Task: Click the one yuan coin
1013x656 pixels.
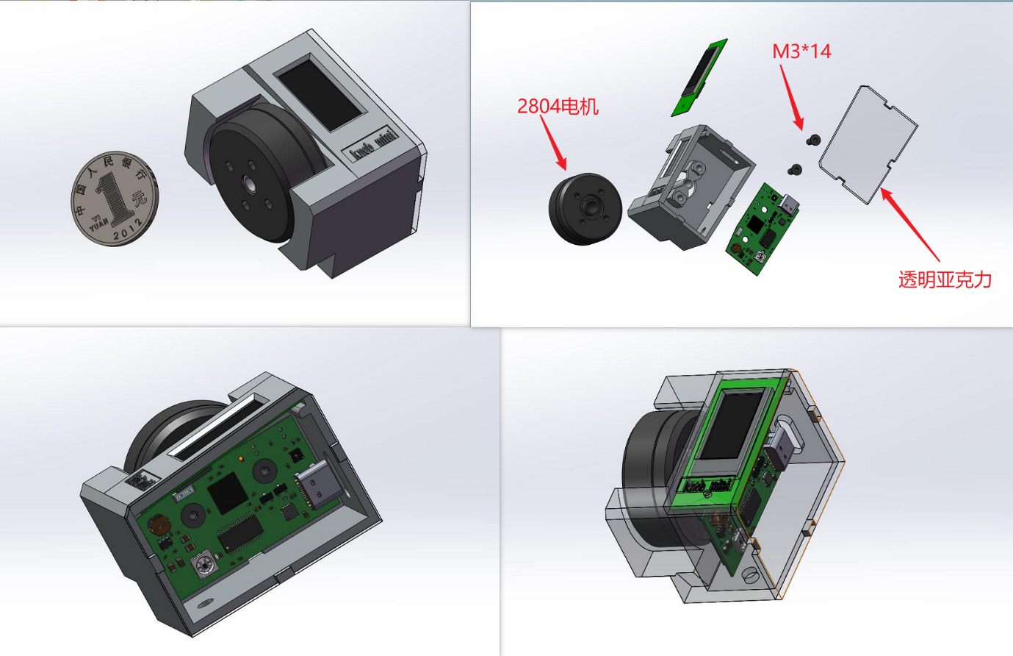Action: [x=115, y=199]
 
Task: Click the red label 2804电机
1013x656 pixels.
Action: [x=558, y=107]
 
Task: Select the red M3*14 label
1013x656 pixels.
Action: [x=801, y=51]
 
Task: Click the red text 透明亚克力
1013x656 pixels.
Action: [x=945, y=279]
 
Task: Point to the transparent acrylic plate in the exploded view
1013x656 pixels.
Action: [x=868, y=144]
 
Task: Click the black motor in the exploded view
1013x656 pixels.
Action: [x=585, y=209]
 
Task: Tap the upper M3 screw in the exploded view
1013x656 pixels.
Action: [x=814, y=140]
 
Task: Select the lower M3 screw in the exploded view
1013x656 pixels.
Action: [x=795, y=170]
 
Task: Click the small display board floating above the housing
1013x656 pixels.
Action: [x=699, y=77]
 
